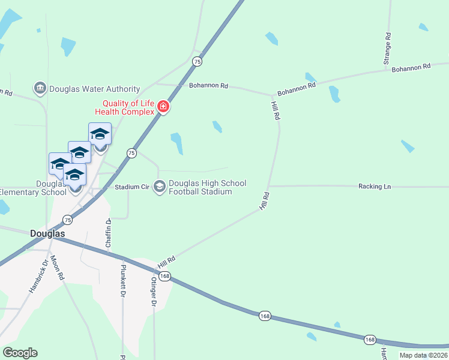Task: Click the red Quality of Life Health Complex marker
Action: [x=163, y=107]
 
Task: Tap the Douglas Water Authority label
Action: [x=94, y=89]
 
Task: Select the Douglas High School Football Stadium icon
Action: [x=160, y=187]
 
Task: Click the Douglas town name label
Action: [x=47, y=233]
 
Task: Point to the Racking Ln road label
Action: [x=374, y=187]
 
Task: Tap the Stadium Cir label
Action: [x=132, y=187]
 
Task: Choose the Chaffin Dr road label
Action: [x=109, y=233]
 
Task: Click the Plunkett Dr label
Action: [x=123, y=281]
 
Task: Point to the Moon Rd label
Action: [x=57, y=268]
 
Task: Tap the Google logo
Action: [x=20, y=353]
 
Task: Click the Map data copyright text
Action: [x=424, y=355]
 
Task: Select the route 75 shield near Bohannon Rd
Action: [x=197, y=61]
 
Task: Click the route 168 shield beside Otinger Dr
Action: [x=166, y=276]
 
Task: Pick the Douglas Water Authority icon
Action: [x=40, y=89]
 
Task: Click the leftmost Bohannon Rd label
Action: [x=208, y=86]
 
